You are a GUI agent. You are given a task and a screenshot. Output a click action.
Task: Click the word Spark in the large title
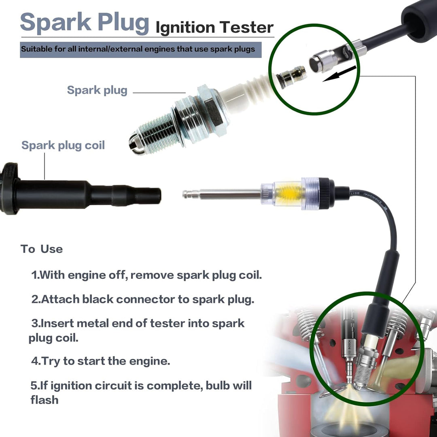coord(56,22)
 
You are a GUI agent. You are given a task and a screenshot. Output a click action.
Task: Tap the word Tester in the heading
coord(246,28)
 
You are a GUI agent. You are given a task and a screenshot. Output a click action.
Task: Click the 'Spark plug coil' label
coord(63,146)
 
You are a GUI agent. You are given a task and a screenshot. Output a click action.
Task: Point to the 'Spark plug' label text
coord(97,90)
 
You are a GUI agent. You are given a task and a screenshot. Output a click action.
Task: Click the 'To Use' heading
coord(42,249)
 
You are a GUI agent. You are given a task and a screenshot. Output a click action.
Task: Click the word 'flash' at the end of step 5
coord(45,400)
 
